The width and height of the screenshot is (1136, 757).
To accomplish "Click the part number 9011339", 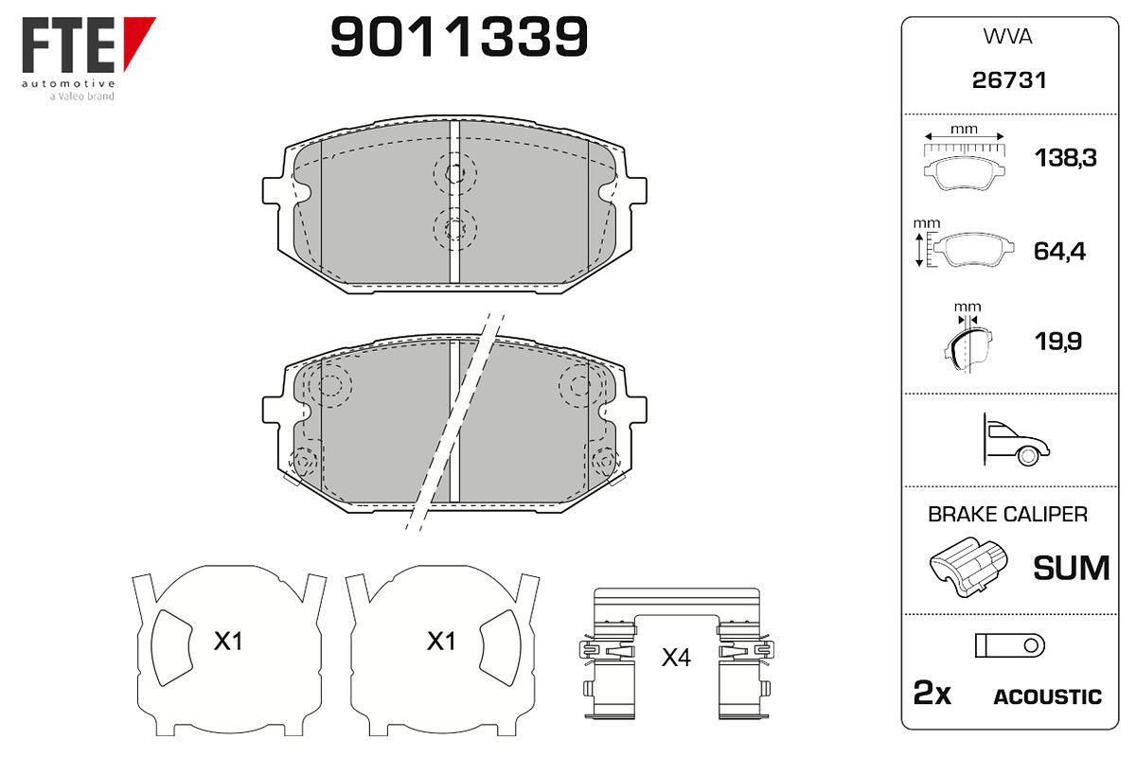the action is [459, 36].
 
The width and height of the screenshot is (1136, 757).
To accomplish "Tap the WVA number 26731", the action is [1009, 80].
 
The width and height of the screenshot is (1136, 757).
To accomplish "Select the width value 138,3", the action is [1065, 158].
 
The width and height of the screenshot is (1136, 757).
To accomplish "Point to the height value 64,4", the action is [1059, 252].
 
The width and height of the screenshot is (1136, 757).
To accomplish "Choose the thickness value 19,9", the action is [1058, 342].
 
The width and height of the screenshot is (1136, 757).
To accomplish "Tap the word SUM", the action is [1071, 568].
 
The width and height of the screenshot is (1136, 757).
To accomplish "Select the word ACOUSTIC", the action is [1047, 697].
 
